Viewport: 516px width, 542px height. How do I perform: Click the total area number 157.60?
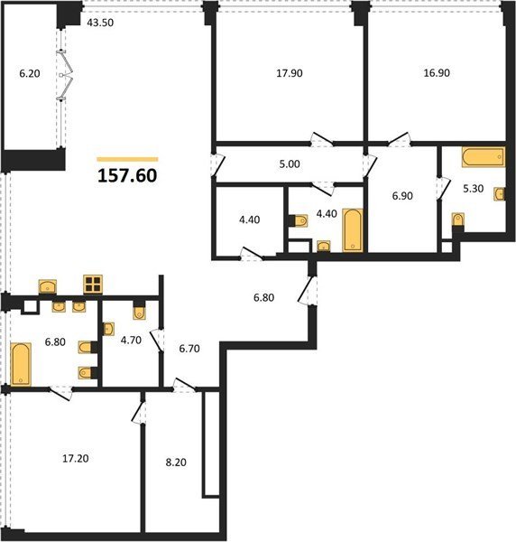(127, 175)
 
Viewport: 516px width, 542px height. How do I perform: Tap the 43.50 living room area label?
(100, 23)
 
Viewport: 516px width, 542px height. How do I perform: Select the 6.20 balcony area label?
(30, 73)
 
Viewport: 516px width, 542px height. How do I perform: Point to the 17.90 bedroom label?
(290, 73)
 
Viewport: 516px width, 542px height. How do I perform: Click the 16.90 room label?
(437, 73)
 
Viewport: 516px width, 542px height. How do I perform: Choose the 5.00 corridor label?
(290, 164)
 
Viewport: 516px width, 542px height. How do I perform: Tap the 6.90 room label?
(402, 196)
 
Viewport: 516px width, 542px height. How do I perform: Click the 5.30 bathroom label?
(473, 189)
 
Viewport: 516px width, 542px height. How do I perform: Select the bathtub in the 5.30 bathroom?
(484, 157)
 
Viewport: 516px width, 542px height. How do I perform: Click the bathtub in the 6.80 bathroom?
(21, 364)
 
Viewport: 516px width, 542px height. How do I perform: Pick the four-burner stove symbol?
(93, 285)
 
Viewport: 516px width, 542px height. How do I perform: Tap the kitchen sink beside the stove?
(48, 286)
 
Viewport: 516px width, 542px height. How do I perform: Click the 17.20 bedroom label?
(76, 458)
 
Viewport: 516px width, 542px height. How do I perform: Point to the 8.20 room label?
(176, 463)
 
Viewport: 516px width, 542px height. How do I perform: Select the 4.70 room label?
(131, 341)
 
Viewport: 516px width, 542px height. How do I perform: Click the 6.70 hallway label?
(189, 349)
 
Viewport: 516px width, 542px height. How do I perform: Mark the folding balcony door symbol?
(66, 75)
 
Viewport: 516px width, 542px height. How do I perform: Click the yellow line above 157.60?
(127, 159)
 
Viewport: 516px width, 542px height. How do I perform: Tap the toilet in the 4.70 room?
(139, 312)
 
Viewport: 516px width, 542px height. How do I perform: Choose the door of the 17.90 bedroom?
(322, 139)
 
